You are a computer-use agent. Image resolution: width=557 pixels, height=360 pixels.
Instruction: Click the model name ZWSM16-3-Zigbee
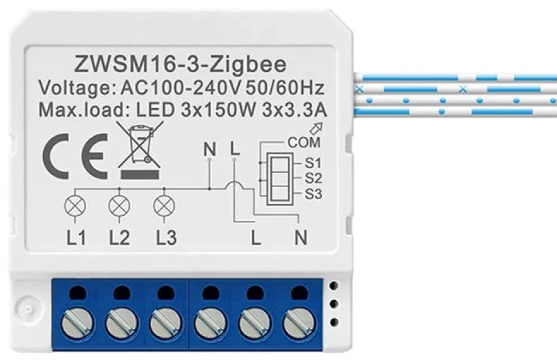pos(180,64)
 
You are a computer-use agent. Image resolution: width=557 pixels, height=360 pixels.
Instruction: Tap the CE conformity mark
pos(75,157)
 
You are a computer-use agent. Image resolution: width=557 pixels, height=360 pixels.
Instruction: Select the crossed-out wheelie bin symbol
pos(140,149)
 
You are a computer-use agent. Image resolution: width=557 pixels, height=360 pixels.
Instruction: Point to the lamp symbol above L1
pos(75,206)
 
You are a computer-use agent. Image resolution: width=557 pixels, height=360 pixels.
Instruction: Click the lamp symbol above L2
pos(119,206)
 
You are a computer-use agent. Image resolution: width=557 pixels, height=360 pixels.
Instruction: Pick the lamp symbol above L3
pos(164,206)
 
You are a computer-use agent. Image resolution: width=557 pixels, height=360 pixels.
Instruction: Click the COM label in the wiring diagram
pos(304,143)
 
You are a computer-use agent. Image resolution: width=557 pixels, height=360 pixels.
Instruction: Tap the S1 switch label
pos(312,163)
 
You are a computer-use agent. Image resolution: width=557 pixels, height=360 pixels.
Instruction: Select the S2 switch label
pos(313,178)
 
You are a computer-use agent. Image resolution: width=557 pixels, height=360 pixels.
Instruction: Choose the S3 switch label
pos(313,194)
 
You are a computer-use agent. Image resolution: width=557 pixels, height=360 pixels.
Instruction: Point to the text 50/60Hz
pos(285,88)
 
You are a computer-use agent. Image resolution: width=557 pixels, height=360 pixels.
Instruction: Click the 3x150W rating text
pos(218,110)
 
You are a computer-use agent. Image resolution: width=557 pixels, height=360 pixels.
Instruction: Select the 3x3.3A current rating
pos(294,110)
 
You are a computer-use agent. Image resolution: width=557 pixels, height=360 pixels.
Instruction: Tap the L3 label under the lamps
pos(166,238)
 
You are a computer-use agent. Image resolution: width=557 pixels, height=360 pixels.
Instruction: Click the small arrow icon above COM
pos(317,128)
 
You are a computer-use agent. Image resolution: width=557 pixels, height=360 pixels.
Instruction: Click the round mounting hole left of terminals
pos(28,308)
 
